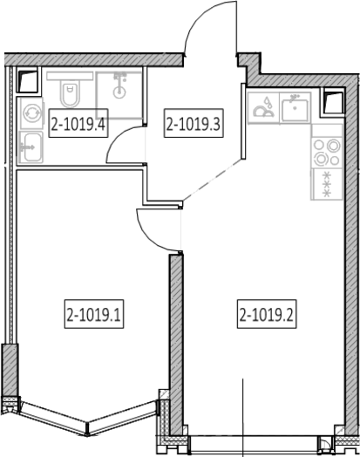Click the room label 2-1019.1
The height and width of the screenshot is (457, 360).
pos(94,314)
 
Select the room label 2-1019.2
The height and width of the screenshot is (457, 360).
pos(267,314)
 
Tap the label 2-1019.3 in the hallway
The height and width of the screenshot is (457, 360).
pos(194,123)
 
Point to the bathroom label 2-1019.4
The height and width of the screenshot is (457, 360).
pos(78,123)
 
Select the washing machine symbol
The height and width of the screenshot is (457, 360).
pos(31,113)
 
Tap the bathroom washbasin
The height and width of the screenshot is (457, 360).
pos(31,147)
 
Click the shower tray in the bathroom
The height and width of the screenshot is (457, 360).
pos(119,95)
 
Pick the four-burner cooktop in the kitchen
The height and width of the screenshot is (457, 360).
pos(327,146)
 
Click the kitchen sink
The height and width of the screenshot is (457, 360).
pos(295,108)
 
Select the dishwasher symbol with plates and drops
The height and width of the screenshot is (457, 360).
pos(263,108)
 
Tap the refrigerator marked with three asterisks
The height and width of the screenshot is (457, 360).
pos(327,184)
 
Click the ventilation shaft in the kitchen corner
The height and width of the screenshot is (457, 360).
pos(333,102)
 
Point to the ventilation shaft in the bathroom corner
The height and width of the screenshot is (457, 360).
pos(28,80)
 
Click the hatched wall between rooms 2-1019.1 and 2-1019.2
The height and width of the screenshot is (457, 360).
pos(176,344)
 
